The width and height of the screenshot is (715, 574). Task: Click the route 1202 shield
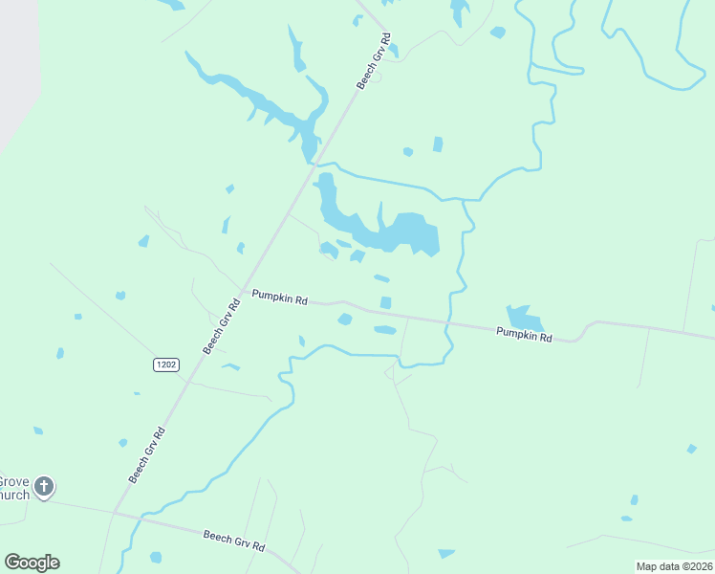(165, 364)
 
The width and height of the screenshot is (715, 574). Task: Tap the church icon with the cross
(43, 488)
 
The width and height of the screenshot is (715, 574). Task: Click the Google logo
(32, 563)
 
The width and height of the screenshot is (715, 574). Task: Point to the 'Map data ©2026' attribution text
(674, 566)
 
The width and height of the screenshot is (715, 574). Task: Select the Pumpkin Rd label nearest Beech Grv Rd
(279, 298)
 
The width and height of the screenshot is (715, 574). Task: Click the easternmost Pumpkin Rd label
(524, 336)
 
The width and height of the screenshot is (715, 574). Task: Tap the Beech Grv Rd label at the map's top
(374, 62)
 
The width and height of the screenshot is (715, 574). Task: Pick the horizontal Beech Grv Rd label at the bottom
(234, 540)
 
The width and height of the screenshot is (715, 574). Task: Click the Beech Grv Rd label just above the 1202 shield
(219, 327)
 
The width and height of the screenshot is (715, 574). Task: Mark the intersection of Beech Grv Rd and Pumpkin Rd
(243, 289)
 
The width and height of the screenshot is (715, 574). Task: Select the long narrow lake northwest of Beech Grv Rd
(258, 100)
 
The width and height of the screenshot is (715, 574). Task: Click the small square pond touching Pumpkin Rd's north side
(385, 303)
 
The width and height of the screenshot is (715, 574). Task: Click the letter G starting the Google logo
(12, 562)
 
